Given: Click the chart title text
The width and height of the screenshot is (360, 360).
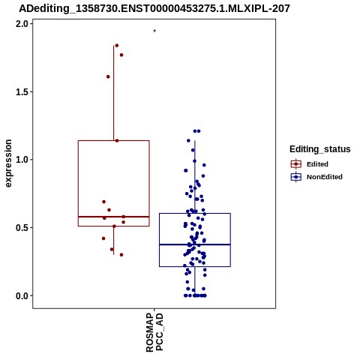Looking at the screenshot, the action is pos(154,9).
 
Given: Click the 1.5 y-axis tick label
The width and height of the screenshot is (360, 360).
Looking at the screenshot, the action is pos(21,92).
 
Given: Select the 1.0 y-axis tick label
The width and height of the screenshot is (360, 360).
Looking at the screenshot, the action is pos(21,160).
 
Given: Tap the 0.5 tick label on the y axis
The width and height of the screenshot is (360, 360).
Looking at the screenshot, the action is pos(21,228).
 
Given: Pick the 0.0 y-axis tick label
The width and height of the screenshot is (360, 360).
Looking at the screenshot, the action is pos(21,295).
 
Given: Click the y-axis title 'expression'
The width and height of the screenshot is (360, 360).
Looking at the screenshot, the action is pos(8,163).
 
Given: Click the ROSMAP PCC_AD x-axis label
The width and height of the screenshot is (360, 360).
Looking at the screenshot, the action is pos(154,332).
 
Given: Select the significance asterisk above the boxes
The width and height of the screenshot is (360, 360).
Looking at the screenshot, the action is pos(154,31).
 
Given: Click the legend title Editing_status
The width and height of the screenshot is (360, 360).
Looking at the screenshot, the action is pos(320,149).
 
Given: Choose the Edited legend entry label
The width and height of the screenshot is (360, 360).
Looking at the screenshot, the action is pos(317,164).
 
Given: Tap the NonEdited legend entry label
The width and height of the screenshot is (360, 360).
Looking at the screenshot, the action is pos(325,177).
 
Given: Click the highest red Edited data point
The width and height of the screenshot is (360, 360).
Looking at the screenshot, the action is pos(117,46).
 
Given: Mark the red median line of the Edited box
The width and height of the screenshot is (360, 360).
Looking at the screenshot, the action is pos(114,217).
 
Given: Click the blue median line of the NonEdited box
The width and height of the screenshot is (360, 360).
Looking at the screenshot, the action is pos(195,244).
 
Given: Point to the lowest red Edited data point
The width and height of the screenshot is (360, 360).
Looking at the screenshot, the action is pos(121,255).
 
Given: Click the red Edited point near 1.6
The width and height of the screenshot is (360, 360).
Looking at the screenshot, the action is pos(108,76).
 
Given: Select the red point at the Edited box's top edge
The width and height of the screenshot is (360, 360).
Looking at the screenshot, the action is pos(117,141).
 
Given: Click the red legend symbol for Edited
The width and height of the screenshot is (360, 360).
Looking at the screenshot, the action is pos(296,164).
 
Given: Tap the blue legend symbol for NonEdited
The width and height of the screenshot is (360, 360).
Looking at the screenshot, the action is pos(296,177).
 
